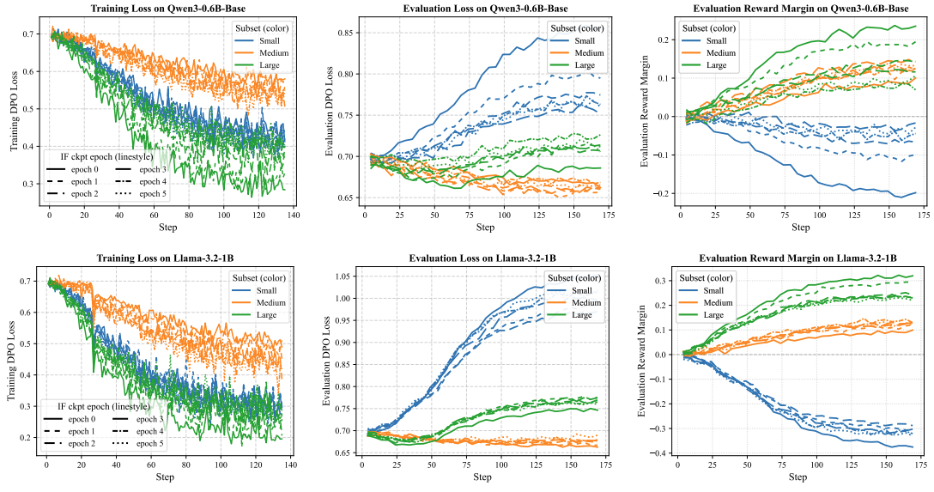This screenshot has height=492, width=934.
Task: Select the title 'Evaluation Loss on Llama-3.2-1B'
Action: [483, 258]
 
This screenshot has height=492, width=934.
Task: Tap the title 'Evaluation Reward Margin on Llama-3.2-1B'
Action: [799, 258]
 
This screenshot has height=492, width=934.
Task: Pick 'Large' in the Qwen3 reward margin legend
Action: [716, 64]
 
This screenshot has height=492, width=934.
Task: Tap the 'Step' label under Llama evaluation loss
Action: [483, 476]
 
